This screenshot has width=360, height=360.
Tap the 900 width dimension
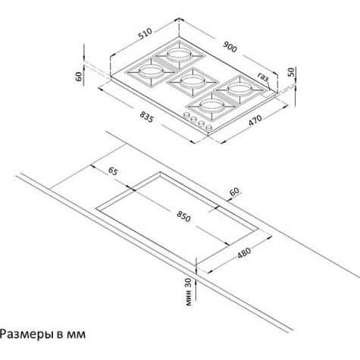(230, 47)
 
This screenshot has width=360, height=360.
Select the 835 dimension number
(147, 117)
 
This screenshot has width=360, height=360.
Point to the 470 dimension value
(255, 121)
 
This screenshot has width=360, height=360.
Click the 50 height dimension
(291, 72)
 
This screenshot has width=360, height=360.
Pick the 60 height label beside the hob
(79, 77)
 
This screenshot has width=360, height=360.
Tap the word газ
(263, 77)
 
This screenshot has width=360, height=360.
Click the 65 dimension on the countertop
(113, 171)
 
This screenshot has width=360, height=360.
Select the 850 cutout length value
(183, 217)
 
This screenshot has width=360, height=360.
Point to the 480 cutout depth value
(244, 253)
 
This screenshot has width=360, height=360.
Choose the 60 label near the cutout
(234, 192)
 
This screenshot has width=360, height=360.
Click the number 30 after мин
(189, 283)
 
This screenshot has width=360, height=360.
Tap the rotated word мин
(189, 298)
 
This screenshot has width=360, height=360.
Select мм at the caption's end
(77, 335)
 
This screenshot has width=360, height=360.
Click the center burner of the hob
(193, 82)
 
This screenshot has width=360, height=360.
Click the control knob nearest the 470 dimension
(209, 127)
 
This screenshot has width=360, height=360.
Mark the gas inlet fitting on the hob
(268, 94)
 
